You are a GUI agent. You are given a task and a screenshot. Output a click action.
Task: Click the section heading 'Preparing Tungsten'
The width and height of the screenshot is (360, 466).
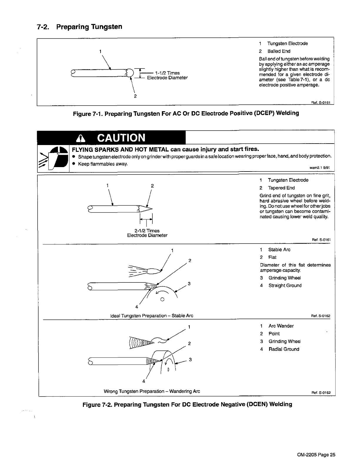pyautogui.click(x=89, y=27)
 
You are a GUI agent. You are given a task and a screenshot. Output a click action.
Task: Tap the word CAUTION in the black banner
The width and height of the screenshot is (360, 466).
pyautogui.click(x=121, y=137)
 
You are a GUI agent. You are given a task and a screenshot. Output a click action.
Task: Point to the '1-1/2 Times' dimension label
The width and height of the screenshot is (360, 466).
pyautogui.click(x=167, y=73)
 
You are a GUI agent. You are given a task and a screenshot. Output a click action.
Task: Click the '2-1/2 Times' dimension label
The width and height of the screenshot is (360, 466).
pyautogui.click(x=147, y=231)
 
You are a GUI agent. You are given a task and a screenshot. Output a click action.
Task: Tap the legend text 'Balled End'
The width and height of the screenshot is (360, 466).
pyautogui.click(x=279, y=51)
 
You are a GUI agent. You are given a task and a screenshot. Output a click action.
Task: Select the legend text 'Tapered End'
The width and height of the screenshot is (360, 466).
pyautogui.click(x=281, y=188)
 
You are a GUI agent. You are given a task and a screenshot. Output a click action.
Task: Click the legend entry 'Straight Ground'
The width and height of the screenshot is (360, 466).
pyautogui.click(x=285, y=285)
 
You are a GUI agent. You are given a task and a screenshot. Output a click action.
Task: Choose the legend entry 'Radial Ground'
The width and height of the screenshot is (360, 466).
pyautogui.click(x=284, y=349)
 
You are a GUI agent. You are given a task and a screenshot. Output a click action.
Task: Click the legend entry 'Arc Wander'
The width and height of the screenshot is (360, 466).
pyautogui.click(x=281, y=326)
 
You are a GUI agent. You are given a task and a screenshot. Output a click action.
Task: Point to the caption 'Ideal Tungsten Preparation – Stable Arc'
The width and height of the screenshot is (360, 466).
pyautogui.click(x=151, y=316)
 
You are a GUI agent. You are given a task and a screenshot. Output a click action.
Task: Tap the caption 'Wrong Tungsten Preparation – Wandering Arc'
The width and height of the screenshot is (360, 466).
pyautogui.click(x=152, y=391)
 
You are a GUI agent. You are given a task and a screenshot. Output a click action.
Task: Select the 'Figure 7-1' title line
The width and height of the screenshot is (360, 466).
pyautogui.click(x=186, y=113)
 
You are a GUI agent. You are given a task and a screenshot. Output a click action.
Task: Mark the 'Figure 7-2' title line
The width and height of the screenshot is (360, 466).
pyautogui.click(x=187, y=404)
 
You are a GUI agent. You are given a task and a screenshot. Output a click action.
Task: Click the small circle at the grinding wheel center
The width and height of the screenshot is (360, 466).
pyautogui.click(x=162, y=300)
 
